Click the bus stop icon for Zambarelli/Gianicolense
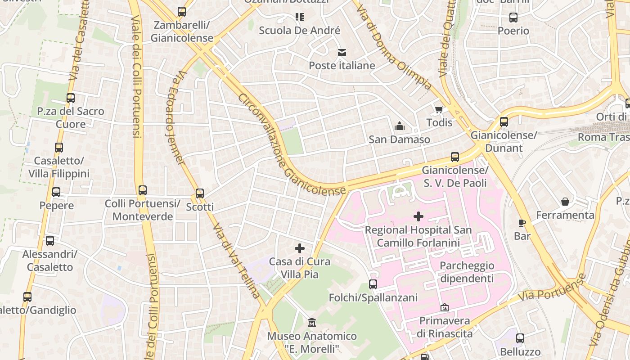point(182,12)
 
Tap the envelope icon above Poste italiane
point(342,53)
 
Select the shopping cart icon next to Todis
point(439,109)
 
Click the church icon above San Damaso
point(399,126)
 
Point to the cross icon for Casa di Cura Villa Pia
point(300,248)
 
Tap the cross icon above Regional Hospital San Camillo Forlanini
point(418,216)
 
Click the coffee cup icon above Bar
point(522,223)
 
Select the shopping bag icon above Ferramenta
point(565,202)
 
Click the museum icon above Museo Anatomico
point(311,323)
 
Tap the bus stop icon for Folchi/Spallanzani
point(373,284)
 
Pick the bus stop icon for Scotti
point(200,193)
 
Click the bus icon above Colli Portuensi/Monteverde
point(143,190)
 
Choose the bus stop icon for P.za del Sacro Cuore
point(71,98)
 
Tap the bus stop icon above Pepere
point(56,192)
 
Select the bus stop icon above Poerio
point(513,18)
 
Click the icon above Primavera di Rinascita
point(445,308)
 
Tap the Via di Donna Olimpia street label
point(396,45)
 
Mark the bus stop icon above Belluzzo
point(520,338)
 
